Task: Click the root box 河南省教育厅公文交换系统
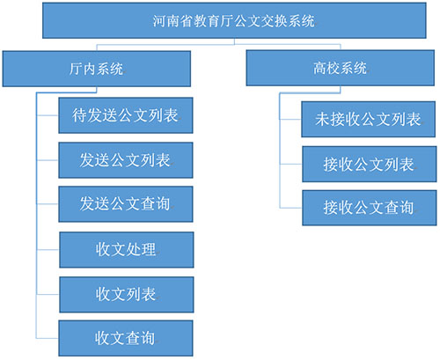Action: click(x=234, y=20)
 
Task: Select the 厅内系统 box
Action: click(x=97, y=69)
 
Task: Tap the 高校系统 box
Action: click(x=341, y=68)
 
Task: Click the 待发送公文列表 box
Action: click(x=126, y=115)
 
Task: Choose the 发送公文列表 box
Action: click(x=126, y=160)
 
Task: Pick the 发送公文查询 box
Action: click(x=126, y=204)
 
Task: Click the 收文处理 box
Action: click(x=127, y=250)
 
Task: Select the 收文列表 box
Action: click(x=127, y=295)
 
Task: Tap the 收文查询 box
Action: click(x=126, y=338)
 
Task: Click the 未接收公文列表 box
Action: click(x=369, y=120)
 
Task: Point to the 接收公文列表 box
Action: click(x=370, y=165)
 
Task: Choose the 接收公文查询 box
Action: click(x=370, y=208)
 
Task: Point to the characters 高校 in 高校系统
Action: click(x=326, y=68)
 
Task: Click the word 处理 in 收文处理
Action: click(x=141, y=250)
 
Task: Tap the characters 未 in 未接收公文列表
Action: click(x=323, y=120)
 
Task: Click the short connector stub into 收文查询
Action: click(x=48, y=338)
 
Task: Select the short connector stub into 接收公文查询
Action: click(x=291, y=208)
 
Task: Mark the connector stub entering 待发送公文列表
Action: click(x=48, y=115)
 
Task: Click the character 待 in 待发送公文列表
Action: click(x=80, y=115)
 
